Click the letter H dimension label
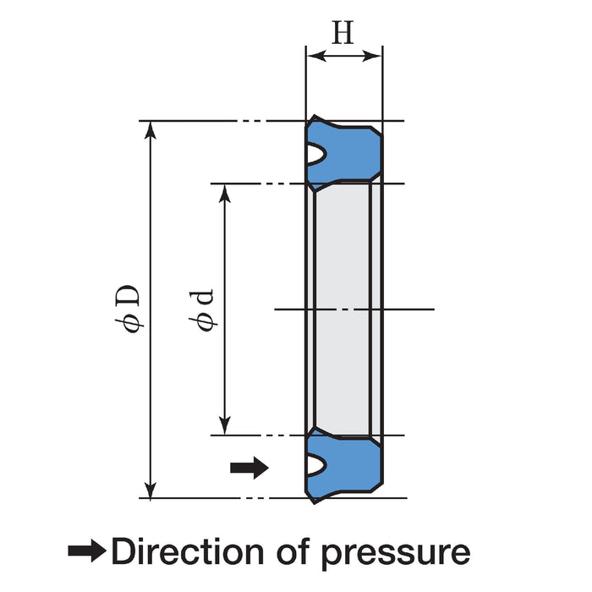[x=343, y=33]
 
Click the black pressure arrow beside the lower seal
[x=249, y=466]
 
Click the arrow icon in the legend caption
[x=87, y=551]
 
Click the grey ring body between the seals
[x=343, y=309]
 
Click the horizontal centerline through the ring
[x=406, y=309]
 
